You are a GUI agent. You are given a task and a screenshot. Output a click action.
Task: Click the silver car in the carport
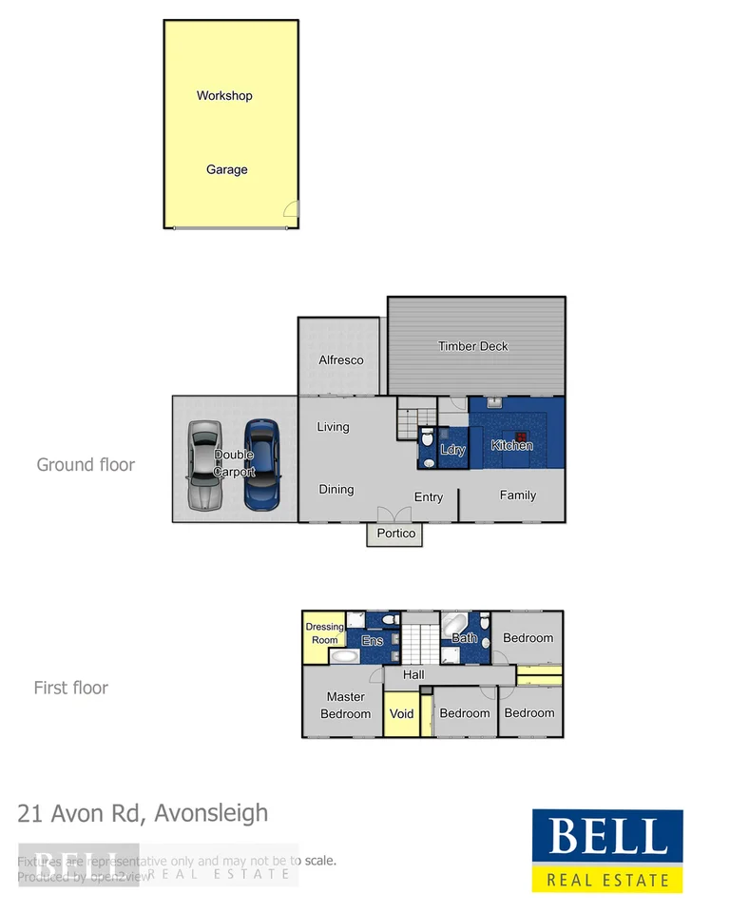click(x=204, y=466)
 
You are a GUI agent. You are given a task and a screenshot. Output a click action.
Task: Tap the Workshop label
click(x=224, y=96)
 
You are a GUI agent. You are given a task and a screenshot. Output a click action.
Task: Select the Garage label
click(x=227, y=170)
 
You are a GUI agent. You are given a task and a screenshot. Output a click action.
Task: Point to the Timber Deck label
click(x=472, y=346)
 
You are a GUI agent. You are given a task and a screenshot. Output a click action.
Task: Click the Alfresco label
click(x=340, y=360)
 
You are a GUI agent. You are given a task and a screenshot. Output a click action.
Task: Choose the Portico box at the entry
click(x=395, y=534)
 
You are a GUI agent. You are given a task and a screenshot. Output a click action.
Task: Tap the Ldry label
click(x=453, y=450)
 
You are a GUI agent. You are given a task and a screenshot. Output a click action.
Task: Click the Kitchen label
click(x=511, y=445)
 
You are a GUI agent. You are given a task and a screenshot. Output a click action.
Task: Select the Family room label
click(x=518, y=495)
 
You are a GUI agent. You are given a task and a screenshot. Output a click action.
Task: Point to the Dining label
click(x=336, y=490)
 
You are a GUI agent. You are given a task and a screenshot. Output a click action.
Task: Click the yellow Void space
click(x=402, y=713)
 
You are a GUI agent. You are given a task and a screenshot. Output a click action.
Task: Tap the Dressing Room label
click(x=324, y=633)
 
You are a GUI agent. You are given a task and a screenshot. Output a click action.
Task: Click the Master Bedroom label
click(x=345, y=706)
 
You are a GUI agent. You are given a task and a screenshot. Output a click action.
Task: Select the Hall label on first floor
click(x=413, y=675)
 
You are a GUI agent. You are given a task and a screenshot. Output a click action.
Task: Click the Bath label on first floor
click(x=464, y=638)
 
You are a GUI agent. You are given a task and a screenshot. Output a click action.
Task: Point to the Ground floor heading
click(x=86, y=465)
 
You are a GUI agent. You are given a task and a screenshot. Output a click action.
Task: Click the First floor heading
click(x=71, y=688)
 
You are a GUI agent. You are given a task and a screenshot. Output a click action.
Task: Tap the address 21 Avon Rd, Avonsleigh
click(x=143, y=813)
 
